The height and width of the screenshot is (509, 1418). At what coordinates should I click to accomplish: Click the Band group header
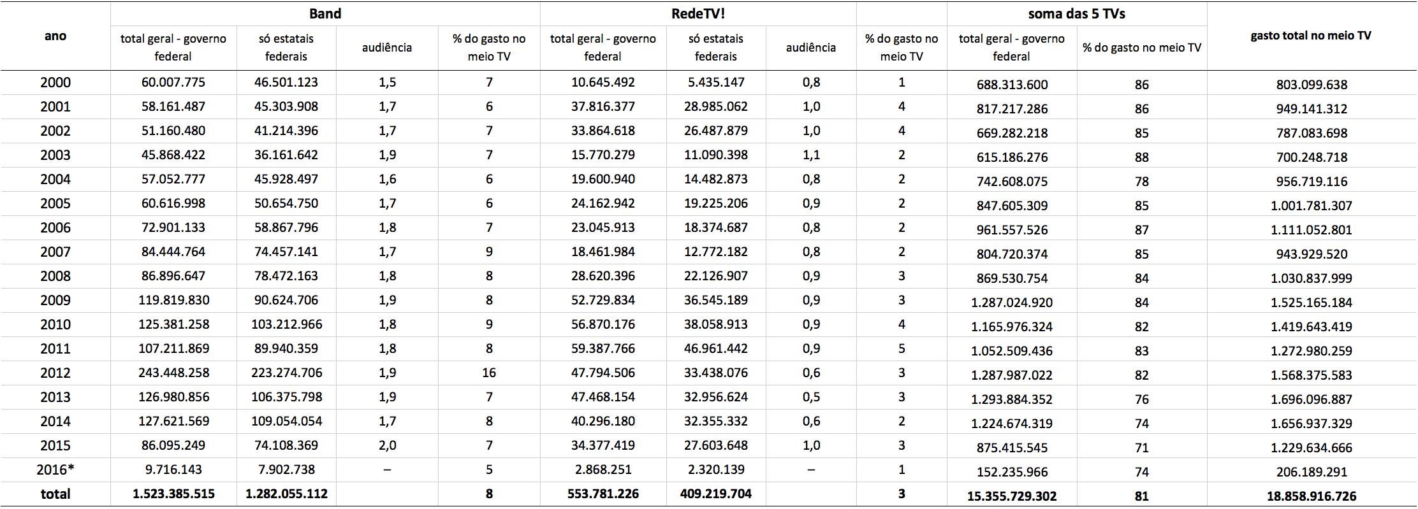pyautogui.click(x=325, y=14)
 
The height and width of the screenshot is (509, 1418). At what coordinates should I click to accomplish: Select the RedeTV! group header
pyautogui.click(x=698, y=14)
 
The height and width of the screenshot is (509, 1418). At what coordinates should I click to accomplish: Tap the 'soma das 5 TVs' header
pyautogui.click(x=1076, y=14)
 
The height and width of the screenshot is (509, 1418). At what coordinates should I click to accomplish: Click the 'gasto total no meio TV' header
pyautogui.click(x=1311, y=36)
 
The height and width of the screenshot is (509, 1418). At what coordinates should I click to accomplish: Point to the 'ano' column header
pyautogui.click(x=55, y=36)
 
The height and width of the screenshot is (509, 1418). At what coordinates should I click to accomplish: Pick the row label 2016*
pyautogui.click(x=55, y=470)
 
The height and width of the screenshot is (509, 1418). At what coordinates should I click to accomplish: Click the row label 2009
pyautogui.click(x=55, y=300)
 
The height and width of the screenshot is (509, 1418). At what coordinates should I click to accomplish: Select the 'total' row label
pyautogui.click(x=55, y=494)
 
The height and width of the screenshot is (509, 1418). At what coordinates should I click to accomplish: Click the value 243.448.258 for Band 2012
pyautogui.click(x=173, y=373)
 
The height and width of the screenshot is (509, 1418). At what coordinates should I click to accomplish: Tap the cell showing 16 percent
pyautogui.click(x=489, y=373)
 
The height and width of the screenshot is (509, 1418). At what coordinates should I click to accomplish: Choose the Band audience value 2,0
pyautogui.click(x=387, y=445)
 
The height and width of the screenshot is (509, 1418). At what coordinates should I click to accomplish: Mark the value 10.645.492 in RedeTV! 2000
pyautogui.click(x=603, y=82)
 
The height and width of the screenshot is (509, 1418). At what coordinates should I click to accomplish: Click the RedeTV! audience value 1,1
pyautogui.click(x=811, y=155)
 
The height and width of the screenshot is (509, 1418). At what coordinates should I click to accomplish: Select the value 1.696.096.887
pyautogui.click(x=1311, y=399)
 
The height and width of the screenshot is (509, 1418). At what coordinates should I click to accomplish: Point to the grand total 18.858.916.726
pyautogui.click(x=1311, y=496)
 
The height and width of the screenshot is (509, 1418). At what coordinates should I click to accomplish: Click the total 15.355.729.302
pyautogui.click(x=1011, y=496)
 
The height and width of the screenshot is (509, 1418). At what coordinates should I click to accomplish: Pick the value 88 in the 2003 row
pyautogui.click(x=1141, y=157)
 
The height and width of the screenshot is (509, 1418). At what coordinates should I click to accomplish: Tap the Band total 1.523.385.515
pyautogui.click(x=173, y=494)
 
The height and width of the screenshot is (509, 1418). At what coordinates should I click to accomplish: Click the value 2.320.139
pyautogui.click(x=715, y=470)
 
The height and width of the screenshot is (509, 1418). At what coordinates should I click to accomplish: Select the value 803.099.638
pyautogui.click(x=1311, y=85)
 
